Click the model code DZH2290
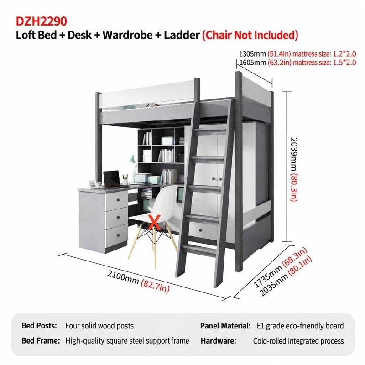(41, 21)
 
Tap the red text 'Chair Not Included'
(250, 35)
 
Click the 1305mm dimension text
(252, 54)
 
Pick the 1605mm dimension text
(253, 63)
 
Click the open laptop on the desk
(112, 179)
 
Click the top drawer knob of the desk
(118, 200)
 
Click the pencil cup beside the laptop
(125, 180)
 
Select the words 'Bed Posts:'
(39, 326)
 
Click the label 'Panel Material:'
(225, 326)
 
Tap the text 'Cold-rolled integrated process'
(298, 341)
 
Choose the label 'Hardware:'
(219, 341)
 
